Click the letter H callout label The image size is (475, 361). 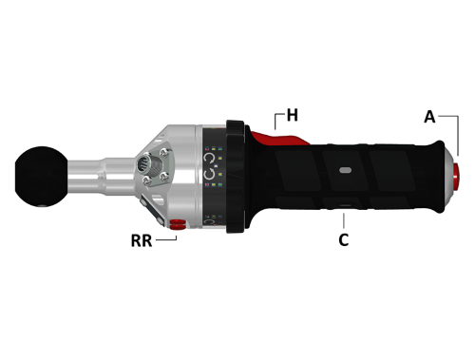coord(293,115)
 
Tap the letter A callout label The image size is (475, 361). coord(429,117)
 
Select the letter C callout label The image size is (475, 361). coord(344,240)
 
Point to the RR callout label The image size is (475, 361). coord(142,240)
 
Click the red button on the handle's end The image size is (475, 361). coord(456,176)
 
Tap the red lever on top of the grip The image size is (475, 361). coord(278,137)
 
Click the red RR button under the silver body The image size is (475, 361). coord(177,224)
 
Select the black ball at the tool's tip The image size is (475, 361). coord(41,177)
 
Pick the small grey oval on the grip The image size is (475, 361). coord(345,170)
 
